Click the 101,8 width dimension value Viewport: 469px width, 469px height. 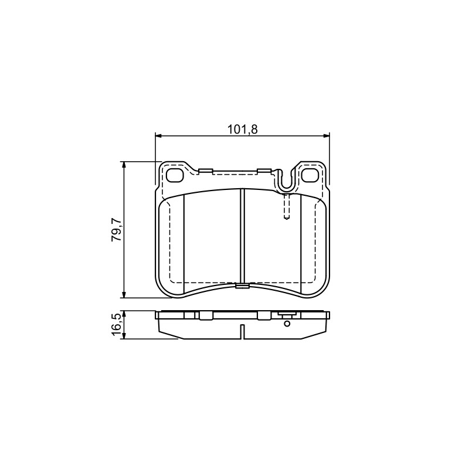coord(243,130)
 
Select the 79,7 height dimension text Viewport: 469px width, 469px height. coord(116,230)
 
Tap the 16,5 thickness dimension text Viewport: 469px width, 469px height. coord(116,325)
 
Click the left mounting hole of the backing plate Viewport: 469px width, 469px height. coord(175,175)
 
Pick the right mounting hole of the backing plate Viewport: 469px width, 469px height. coord(310,175)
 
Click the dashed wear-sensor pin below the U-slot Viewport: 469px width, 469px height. coord(287,207)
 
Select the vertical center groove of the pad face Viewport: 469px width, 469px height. coord(243,236)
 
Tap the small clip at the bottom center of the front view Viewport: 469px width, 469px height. coord(242,286)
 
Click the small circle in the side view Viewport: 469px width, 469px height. coord(287,324)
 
